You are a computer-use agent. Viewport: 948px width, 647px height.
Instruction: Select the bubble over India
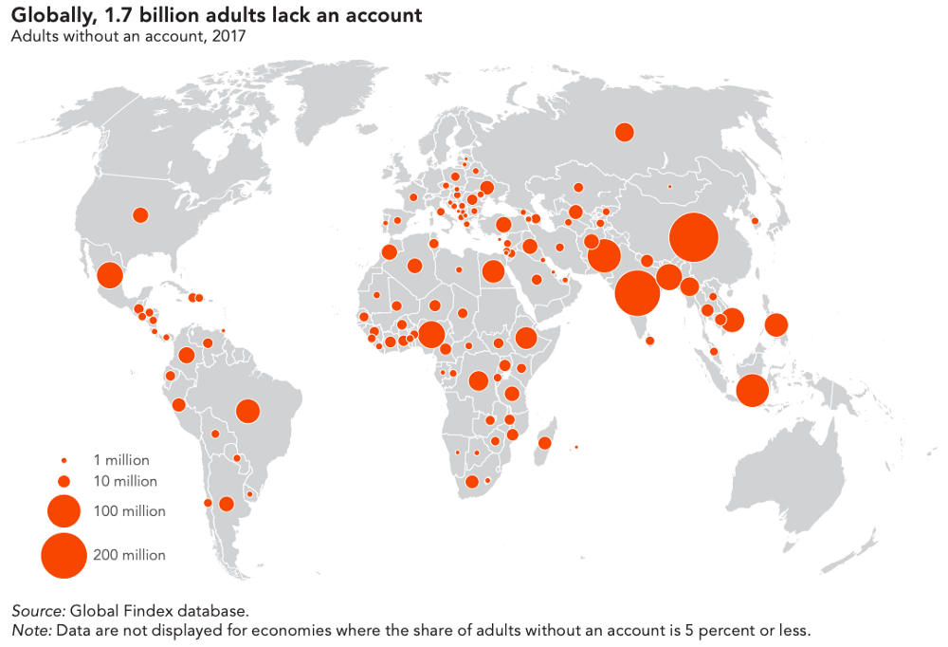point(637,292)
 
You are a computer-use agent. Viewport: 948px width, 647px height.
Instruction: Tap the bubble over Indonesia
point(752,391)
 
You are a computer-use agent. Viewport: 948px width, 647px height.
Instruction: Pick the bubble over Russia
point(624,132)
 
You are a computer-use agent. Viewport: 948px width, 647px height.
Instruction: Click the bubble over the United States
point(140,215)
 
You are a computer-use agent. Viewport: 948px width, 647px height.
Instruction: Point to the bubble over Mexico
point(110,275)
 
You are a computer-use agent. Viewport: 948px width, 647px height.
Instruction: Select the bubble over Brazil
point(247,411)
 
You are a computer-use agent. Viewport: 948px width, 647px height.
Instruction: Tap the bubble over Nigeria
point(431,335)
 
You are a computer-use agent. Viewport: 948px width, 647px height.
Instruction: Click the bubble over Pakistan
point(604,255)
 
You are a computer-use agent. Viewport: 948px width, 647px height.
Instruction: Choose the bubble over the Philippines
point(775,325)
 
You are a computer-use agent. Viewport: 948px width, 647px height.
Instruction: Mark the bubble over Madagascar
point(545,443)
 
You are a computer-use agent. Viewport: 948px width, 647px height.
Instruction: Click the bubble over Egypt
point(493,271)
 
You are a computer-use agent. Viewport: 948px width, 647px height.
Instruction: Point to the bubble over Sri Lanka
point(649,342)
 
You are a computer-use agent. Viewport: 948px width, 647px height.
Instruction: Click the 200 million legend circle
point(64,555)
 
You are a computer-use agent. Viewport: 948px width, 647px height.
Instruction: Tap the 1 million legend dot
point(64,461)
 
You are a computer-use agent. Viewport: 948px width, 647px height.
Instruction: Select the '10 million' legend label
point(125,481)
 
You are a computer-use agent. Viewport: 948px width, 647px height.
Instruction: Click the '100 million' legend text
point(129,511)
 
